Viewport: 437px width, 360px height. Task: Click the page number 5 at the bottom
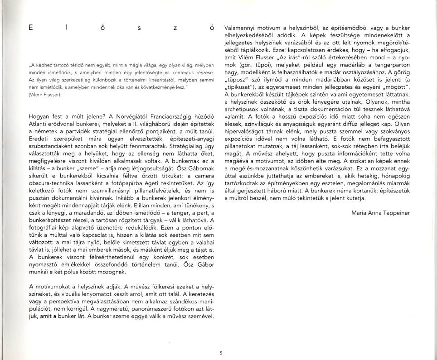click(x=220, y=354)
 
